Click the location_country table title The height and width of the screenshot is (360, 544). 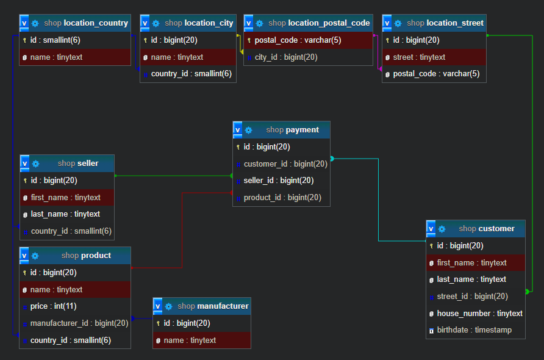(x=86, y=23)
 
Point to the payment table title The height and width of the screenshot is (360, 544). (x=292, y=130)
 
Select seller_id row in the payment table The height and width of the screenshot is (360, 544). (x=279, y=181)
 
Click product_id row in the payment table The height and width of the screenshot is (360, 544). (x=282, y=198)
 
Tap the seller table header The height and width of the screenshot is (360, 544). (x=78, y=164)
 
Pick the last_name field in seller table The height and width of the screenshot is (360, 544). (x=65, y=214)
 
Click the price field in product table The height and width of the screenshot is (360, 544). (x=53, y=306)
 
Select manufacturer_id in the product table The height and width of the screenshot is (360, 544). (x=79, y=323)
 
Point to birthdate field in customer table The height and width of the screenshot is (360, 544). (x=474, y=330)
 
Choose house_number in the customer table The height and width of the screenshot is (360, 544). (x=479, y=314)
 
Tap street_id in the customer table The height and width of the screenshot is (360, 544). (x=472, y=297)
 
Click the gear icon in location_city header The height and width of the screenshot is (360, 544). (x=156, y=23)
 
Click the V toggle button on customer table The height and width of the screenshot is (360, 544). (x=431, y=229)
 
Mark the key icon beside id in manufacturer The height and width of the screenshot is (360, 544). (x=159, y=323)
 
